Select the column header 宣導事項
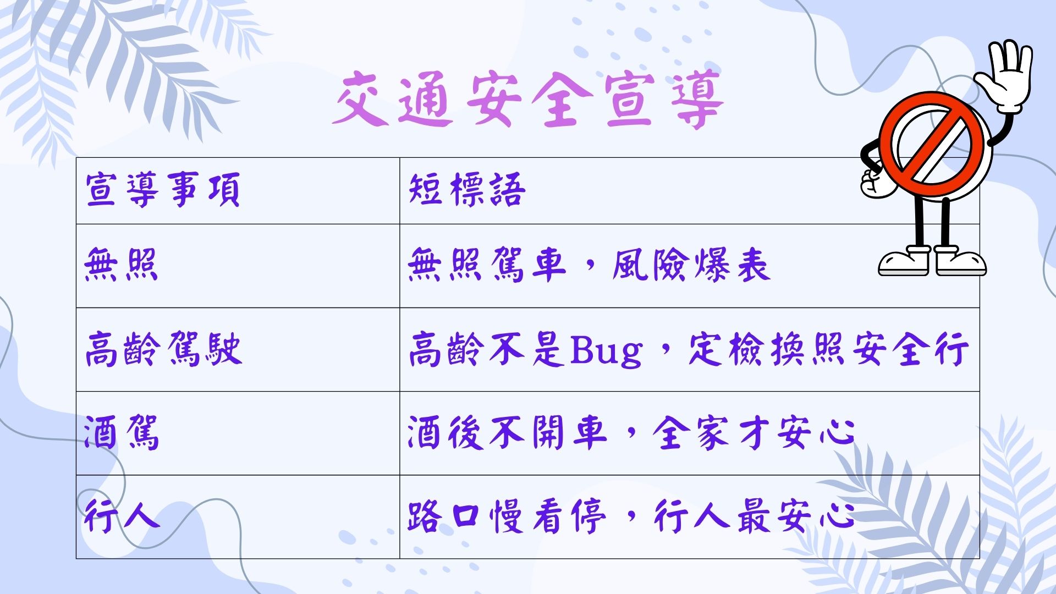click(x=163, y=190)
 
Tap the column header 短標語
click(x=467, y=190)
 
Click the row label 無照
click(x=122, y=265)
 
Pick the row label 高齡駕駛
click(x=163, y=349)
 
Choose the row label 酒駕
click(x=122, y=433)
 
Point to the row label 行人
click(x=122, y=516)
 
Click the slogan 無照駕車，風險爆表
click(x=588, y=265)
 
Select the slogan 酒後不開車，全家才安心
click(x=631, y=433)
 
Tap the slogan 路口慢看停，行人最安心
click(x=631, y=516)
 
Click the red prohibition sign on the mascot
click(x=931, y=145)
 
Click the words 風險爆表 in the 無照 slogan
click(x=691, y=265)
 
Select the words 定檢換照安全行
click(x=828, y=349)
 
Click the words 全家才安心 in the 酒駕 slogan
click(x=754, y=433)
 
